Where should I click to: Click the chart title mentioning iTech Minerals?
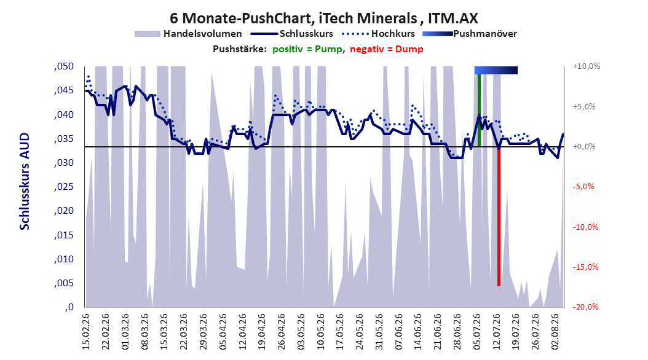[323, 18]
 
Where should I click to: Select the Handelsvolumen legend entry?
[188, 34]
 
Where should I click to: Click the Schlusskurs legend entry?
[292, 34]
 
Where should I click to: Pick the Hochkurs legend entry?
[379, 34]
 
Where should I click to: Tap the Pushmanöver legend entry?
[470, 34]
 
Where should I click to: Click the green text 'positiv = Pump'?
[307, 49]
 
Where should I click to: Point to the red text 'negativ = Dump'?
[387, 49]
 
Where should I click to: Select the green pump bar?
[479, 110]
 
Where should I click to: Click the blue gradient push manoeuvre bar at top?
[496, 70]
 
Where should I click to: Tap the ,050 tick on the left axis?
[64, 66]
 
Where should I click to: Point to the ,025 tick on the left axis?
[64, 187]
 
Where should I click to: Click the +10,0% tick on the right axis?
[587, 66]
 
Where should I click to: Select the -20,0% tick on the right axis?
[585, 307]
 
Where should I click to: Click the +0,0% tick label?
[584, 147]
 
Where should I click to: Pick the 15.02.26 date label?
[86, 332]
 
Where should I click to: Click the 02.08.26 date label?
[555, 332]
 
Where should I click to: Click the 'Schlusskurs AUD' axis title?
[25, 181]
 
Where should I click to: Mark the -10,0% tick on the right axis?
[585, 227]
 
